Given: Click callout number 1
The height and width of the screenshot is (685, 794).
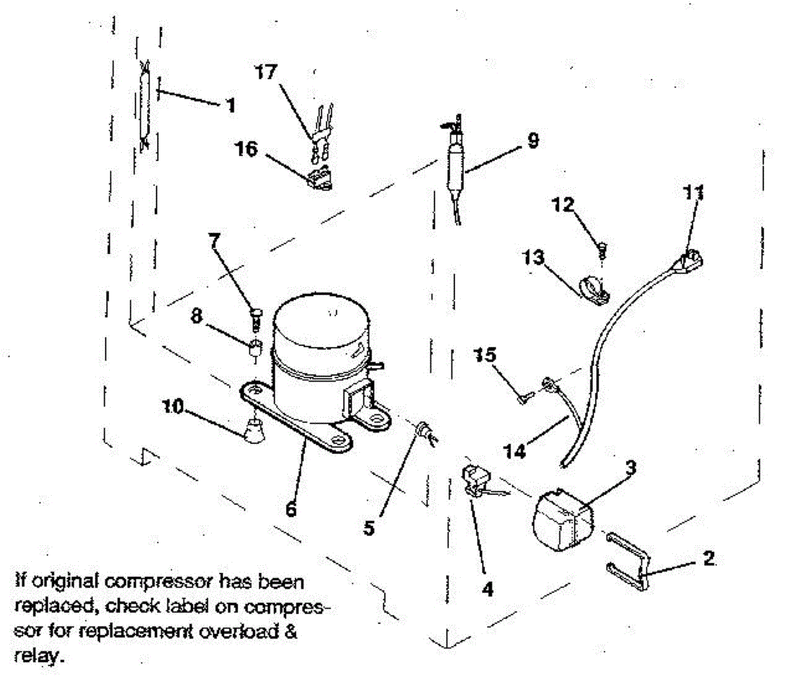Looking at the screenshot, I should point(230,105).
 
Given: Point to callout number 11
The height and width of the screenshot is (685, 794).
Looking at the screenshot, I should point(693,193).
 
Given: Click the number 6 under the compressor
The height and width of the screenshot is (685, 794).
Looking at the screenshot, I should point(290,510).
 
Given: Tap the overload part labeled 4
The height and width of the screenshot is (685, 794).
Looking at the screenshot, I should point(477,480).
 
